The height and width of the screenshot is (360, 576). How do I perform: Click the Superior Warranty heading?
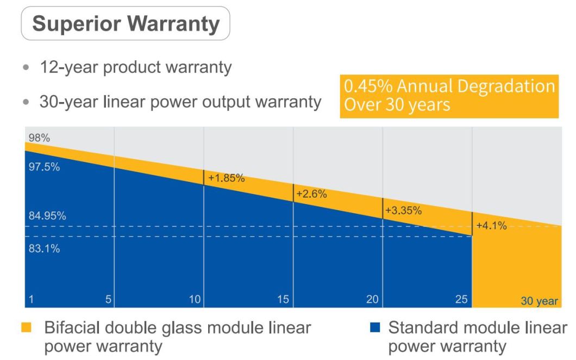click(126, 23)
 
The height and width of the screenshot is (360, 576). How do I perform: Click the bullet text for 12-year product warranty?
click(135, 67)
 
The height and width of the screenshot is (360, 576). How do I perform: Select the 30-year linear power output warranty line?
click(180, 102)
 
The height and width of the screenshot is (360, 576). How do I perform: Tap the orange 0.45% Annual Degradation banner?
click(449, 96)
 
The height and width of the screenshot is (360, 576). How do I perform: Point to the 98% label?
click(39, 138)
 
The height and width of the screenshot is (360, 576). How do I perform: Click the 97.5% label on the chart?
click(44, 167)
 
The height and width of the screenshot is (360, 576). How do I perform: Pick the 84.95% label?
click(47, 216)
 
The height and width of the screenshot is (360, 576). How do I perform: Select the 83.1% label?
click(44, 249)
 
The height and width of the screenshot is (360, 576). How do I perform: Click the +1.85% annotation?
click(226, 178)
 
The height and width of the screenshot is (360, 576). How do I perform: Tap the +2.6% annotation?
click(311, 194)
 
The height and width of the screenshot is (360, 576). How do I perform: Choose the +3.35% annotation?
click(403, 211)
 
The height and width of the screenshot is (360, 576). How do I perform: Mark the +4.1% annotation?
click(491, 226)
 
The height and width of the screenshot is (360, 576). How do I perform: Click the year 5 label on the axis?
click(108, 299)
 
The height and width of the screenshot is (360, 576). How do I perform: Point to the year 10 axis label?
click(195, 299)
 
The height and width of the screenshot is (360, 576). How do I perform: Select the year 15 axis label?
click(284, 299)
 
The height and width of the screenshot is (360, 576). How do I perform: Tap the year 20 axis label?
click(372, 299)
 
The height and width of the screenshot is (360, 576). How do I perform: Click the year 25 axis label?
click(461, 299)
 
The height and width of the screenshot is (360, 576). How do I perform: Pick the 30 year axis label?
click(539, 301)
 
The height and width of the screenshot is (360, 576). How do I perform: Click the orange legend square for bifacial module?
click(26, 327)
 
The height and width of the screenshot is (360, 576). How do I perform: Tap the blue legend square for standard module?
click(374, 327)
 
